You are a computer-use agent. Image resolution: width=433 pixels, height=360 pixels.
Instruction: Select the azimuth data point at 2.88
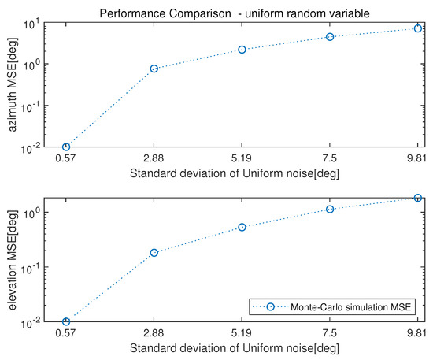pos(154,69)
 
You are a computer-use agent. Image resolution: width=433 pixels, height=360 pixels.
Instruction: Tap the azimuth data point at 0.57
pos(66,147)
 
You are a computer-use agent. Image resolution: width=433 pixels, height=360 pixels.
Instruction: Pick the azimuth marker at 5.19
pos(242,50)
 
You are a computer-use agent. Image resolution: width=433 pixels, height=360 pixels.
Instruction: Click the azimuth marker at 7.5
pos(330,37)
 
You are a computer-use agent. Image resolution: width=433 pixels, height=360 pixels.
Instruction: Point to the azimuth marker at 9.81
pos(418,28)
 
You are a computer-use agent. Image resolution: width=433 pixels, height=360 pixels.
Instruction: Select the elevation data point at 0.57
pos(66,321)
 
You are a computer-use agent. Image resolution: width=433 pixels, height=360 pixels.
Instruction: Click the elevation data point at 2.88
pos(154,252)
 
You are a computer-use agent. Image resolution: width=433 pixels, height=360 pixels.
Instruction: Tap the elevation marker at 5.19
pos(242,227)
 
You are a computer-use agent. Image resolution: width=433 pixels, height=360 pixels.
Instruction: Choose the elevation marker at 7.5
pos(330,209)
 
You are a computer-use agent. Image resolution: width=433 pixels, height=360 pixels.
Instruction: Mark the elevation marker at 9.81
pos(418,198)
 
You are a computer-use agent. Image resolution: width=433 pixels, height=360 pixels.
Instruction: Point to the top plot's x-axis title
pos(242,173)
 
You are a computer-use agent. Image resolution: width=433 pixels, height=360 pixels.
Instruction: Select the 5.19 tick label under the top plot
pos(242,158)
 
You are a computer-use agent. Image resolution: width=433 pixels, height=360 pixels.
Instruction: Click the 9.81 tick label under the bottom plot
pos(417,333)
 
